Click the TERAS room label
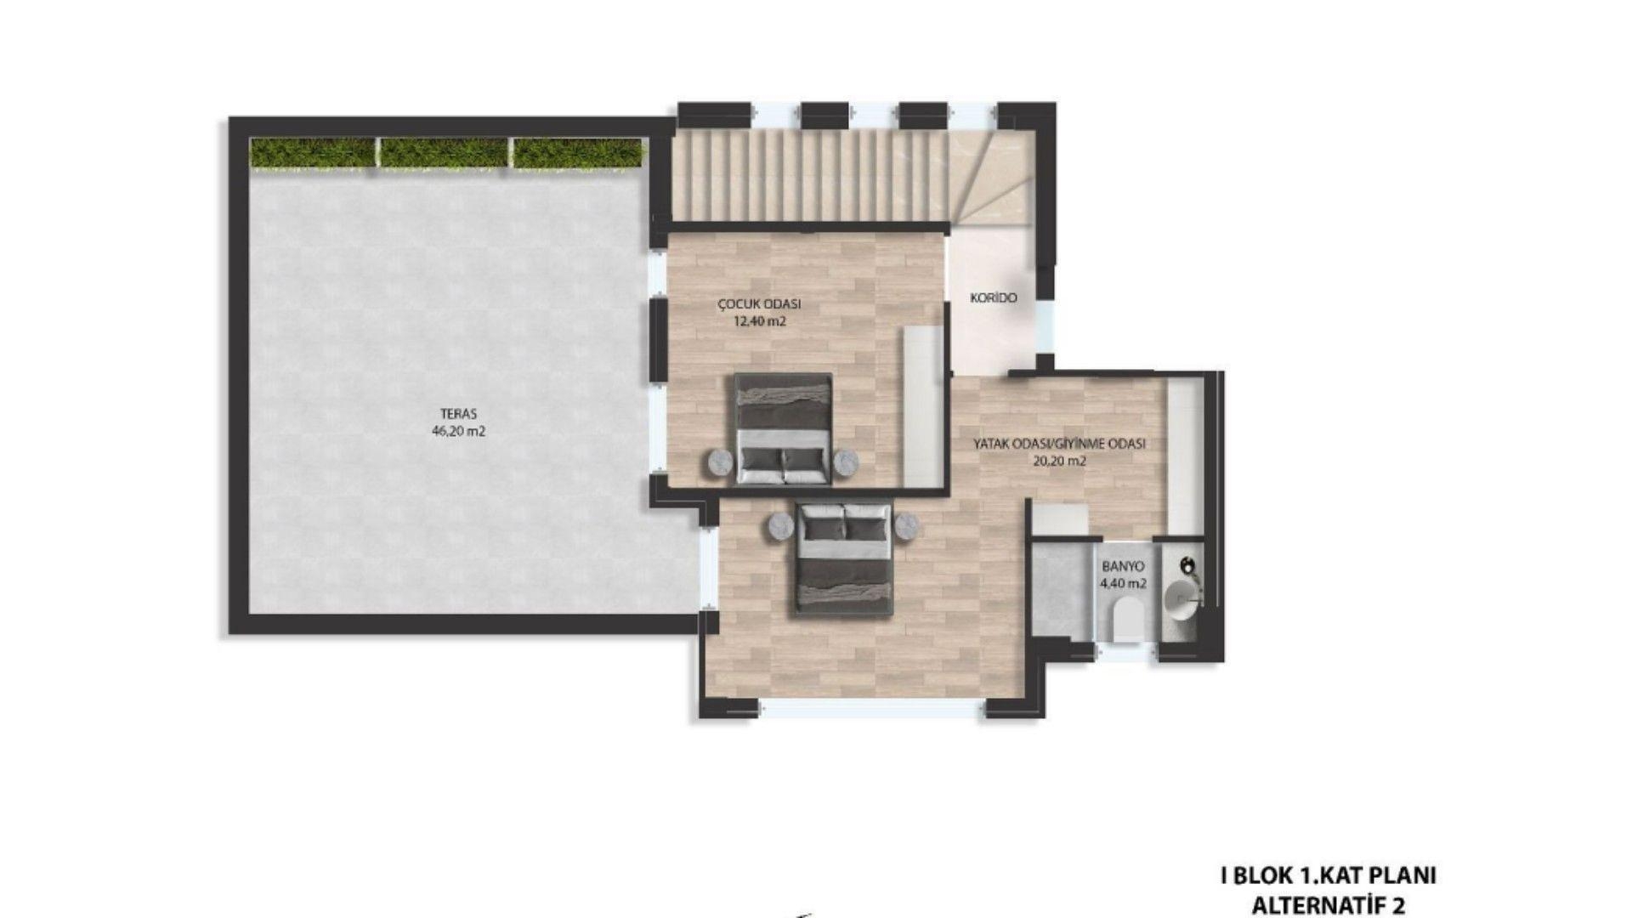[x=458, y=414]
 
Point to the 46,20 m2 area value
[x=458, y=431]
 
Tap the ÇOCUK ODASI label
[x=759, y=304]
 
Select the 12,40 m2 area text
[x=759, y=321]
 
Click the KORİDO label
[x=994, y=298]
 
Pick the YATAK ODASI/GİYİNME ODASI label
[x=1059, y=444]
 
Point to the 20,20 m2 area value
[x=1059, y=462]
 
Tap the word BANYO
[x=1123, y=566]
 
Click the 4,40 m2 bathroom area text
[x=1123, y=583]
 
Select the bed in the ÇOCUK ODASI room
[x=783, y=429]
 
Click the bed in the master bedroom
[x=844, y=558]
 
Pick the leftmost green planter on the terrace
[x=313, y=153]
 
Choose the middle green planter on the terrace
[x=443, y=153]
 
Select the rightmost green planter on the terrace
[x=577, y=153]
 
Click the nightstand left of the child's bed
[x=721, y=462]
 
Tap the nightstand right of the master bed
[x=907, y=526]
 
